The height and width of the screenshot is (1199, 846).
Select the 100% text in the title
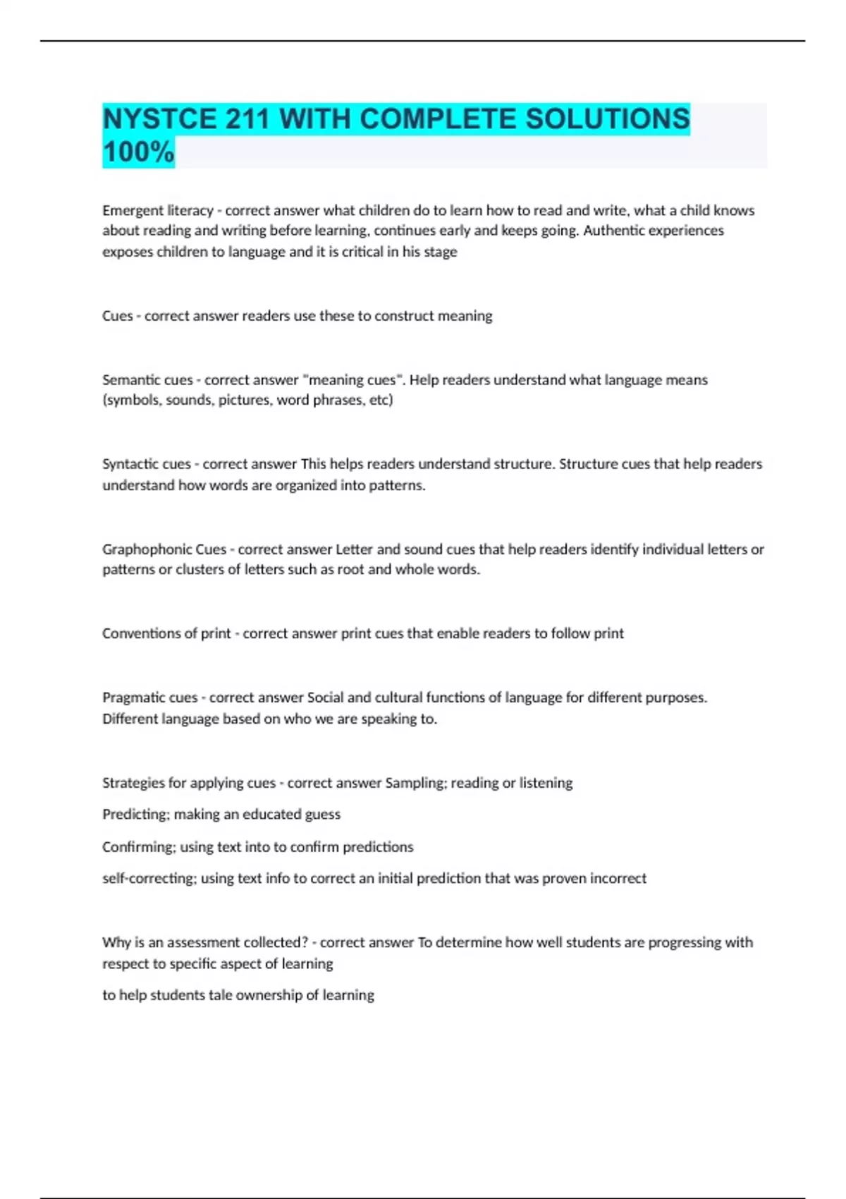[138, 152]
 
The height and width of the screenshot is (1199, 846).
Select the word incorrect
[618, 879]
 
